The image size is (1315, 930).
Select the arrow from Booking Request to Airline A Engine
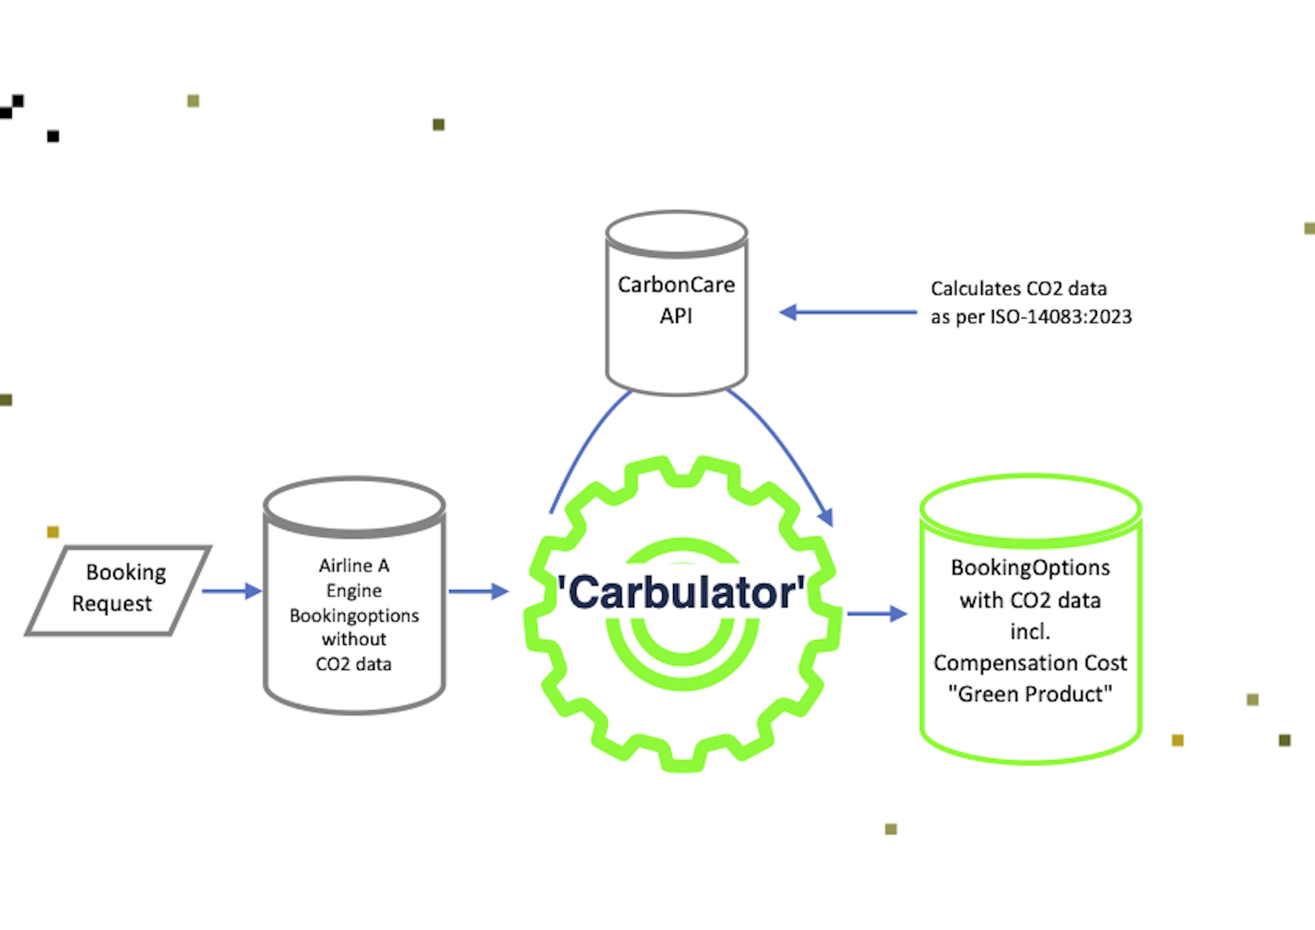click(x=231, y=591)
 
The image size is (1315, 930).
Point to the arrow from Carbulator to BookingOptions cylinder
click(x=876, y=613)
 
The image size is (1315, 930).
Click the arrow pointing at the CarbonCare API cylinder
click(x=847, y=313)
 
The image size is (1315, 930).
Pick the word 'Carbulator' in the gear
click(x=681, y=592)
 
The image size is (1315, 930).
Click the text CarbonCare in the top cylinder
click(x=676, y=284)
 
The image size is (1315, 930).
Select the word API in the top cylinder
click(x=676, y=316)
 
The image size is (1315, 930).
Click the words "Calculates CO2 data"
click(x=1019, y=288)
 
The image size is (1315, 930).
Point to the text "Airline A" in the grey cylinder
click(x=354, y=565)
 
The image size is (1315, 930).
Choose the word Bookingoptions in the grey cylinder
click(x=354, y=615)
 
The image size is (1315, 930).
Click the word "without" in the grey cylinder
click(x=354, y=639)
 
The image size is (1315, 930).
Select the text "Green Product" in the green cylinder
click(x=1030, y=694)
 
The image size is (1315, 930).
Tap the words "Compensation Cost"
click(x=1030, y=663)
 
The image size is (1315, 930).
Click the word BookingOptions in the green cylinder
click(x=1030, y=567)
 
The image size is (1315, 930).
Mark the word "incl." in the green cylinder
click(x=1030, y=631)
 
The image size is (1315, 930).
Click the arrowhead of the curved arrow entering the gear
click(x=826, y=517)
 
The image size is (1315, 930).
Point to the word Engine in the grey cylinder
click(x=354, y=590)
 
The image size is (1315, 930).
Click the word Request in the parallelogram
click(x=112, y=603)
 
